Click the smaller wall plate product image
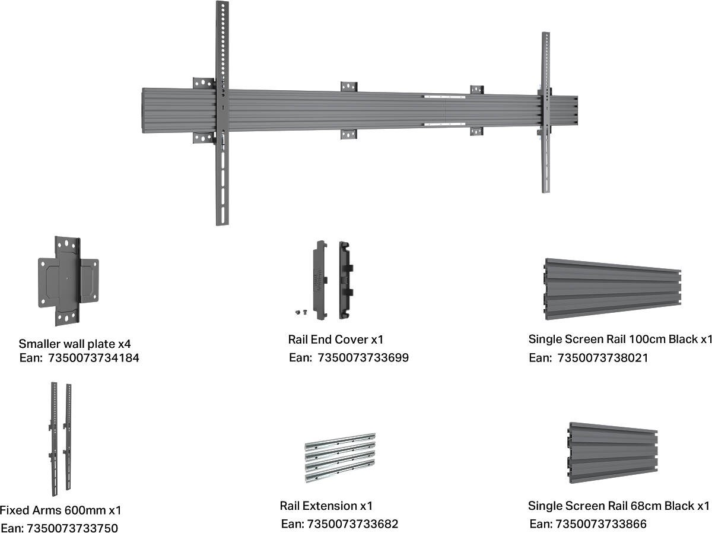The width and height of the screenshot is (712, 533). (68, 280)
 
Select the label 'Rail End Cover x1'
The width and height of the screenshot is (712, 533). (336, 340)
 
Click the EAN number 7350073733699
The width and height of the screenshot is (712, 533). (363, 357)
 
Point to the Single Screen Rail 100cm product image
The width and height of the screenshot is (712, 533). (612, 289)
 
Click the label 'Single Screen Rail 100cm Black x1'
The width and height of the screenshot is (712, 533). (620, 340)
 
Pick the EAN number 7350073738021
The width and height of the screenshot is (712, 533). (603, 357)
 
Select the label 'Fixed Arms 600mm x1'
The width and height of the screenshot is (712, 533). (60, 510)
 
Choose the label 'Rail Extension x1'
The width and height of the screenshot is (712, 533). (326, 506)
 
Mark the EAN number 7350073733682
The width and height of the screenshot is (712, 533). (352, 524)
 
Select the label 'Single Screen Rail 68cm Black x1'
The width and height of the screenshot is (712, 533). (619, 506)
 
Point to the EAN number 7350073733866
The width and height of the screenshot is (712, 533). (601, 524)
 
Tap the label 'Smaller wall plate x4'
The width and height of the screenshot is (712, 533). (74, 343)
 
